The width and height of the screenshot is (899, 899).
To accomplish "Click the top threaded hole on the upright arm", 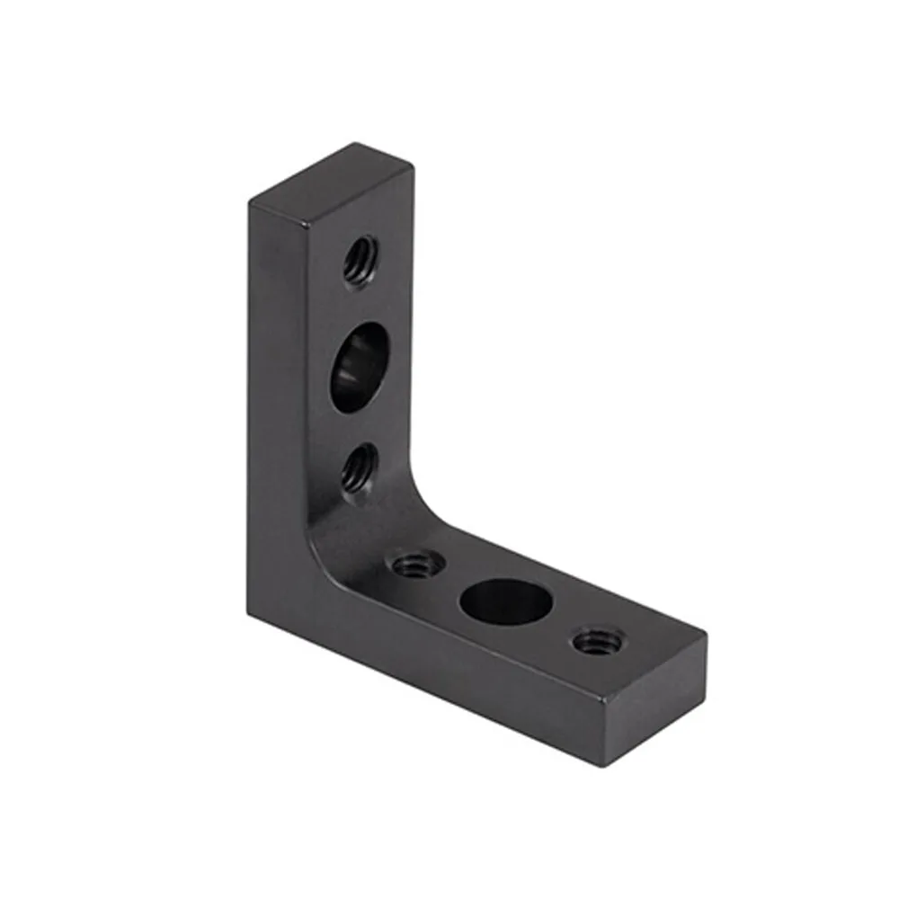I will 360,260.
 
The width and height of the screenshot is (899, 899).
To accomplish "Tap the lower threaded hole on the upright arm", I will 358,467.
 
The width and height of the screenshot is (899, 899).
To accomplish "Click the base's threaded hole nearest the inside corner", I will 416,565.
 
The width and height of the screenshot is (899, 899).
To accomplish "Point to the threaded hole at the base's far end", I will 593,641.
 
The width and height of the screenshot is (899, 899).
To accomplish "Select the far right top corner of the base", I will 706,636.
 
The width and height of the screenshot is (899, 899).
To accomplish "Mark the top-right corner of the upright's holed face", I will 412,167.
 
